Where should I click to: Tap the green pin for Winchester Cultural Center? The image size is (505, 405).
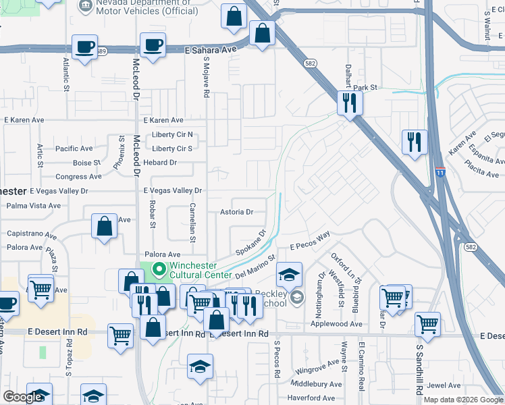click(159, 271)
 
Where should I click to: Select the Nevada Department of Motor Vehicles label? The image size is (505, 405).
click(138, 7)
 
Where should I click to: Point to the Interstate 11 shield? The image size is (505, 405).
click(440, 173)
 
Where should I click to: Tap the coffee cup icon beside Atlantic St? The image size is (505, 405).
click(85, 47)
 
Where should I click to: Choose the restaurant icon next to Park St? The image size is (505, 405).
click(349, 103)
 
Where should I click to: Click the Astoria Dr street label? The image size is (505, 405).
click(236, 212)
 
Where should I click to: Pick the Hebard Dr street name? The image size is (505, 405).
click(159, 163)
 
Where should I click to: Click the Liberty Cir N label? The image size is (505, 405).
click(172, 134)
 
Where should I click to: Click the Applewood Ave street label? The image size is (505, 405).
click(337, 324)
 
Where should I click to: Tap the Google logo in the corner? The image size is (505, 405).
click(23, 397)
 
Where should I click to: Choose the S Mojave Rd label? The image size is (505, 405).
click(206, 78)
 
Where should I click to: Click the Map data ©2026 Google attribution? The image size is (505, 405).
click(462, 400)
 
